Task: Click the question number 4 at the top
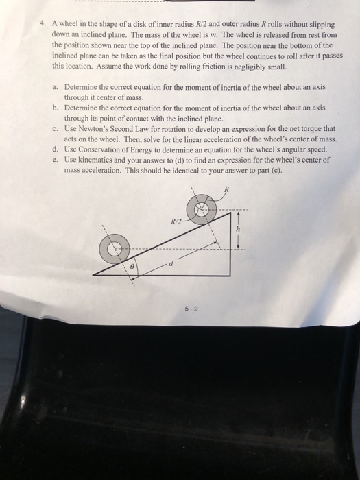click(x=43, y=23)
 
